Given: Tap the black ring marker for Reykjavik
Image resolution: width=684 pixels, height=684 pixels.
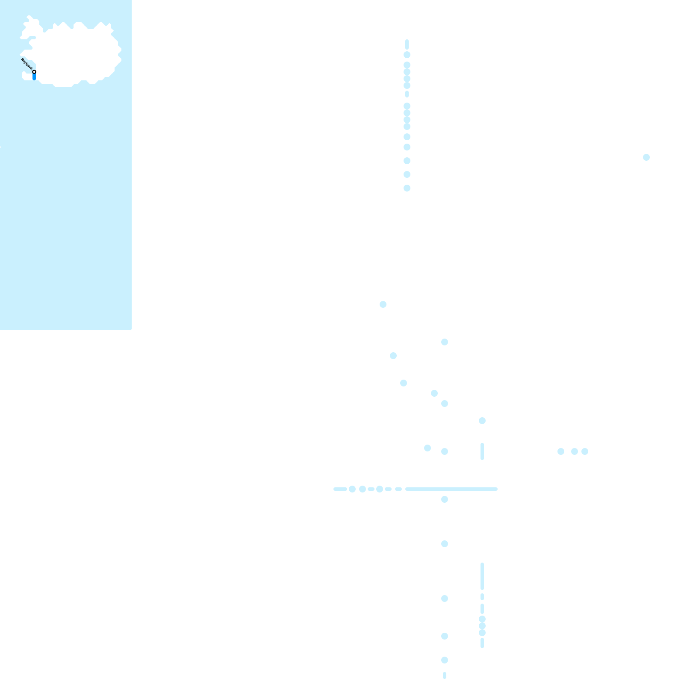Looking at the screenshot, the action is tap(34, 72).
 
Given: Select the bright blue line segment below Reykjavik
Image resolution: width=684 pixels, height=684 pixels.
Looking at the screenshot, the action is tap(34, 77).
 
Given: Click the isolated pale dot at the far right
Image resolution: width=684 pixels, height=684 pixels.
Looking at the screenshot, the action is tap(646, 157).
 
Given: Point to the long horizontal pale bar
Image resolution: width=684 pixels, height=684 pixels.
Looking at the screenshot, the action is tap(451, 489).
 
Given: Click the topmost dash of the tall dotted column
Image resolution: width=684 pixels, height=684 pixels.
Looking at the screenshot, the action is tap(407, 44).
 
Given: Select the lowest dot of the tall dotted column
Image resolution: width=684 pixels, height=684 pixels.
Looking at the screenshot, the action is tap(407, 188).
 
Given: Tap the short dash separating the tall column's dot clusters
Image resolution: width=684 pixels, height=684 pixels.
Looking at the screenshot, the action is tap(407, 94).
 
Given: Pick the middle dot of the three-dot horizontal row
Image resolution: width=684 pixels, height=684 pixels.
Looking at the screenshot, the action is tap(574, 451).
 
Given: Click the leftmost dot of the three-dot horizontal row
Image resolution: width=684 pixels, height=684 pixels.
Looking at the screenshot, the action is tap(560, 451).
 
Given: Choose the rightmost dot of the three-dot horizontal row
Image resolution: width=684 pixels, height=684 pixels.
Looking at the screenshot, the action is tap(585, 451).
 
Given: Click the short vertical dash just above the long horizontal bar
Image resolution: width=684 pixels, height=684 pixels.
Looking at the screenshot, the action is tap(482, 451).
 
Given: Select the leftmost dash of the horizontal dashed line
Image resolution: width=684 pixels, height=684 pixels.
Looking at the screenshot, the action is tap(340, 489).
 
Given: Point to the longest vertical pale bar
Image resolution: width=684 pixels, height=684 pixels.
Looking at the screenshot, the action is tap(482, 576).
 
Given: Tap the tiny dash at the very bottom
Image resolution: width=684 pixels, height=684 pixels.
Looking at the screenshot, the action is tap(445, 675).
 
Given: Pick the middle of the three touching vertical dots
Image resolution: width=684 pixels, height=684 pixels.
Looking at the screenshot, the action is tap(482, 626).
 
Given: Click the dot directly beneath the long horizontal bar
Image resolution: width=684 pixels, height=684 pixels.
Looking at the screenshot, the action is tap(445, 499).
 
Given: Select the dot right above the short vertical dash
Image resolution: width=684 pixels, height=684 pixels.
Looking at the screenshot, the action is tap(482, 421).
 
